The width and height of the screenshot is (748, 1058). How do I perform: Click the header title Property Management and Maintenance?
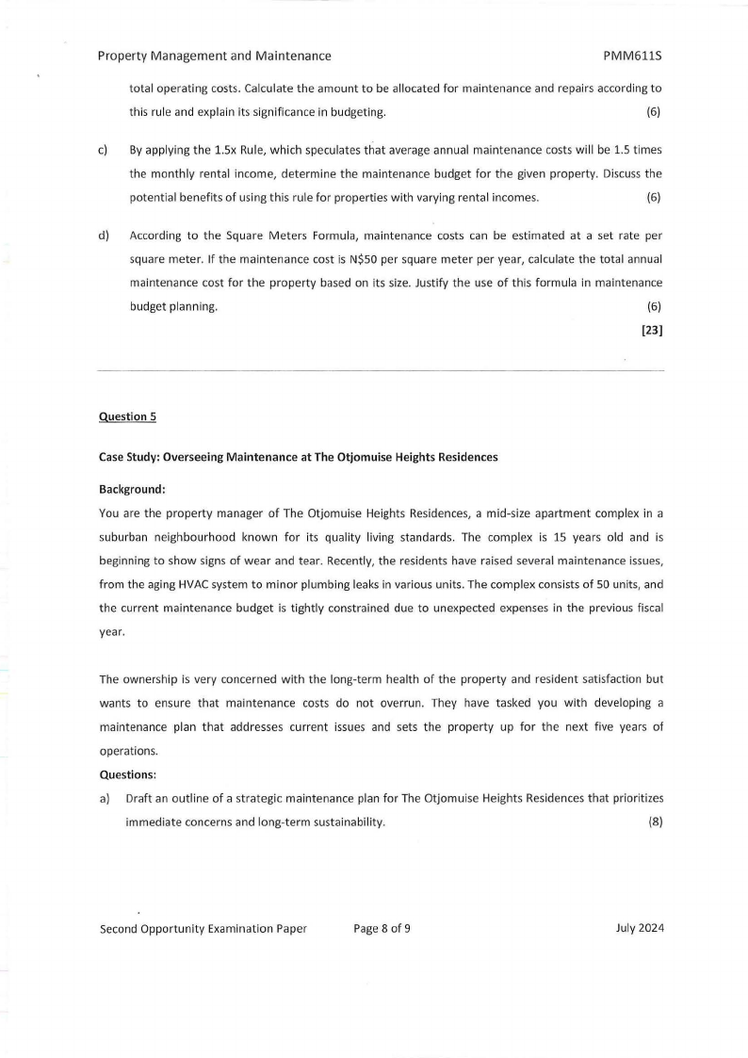coord(214,57)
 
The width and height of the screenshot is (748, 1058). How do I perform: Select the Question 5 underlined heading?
coord(123,416)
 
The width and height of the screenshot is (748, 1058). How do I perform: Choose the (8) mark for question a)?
coord(656,822)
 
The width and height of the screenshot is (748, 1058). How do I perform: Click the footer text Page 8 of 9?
coord(382,928)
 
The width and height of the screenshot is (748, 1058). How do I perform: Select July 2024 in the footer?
coord(639,928)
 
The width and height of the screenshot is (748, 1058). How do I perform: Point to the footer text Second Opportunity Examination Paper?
coord(203,928)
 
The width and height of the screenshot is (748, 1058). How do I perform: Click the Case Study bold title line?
coord(298,457)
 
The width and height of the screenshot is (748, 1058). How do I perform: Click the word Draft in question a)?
coord(141,799)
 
